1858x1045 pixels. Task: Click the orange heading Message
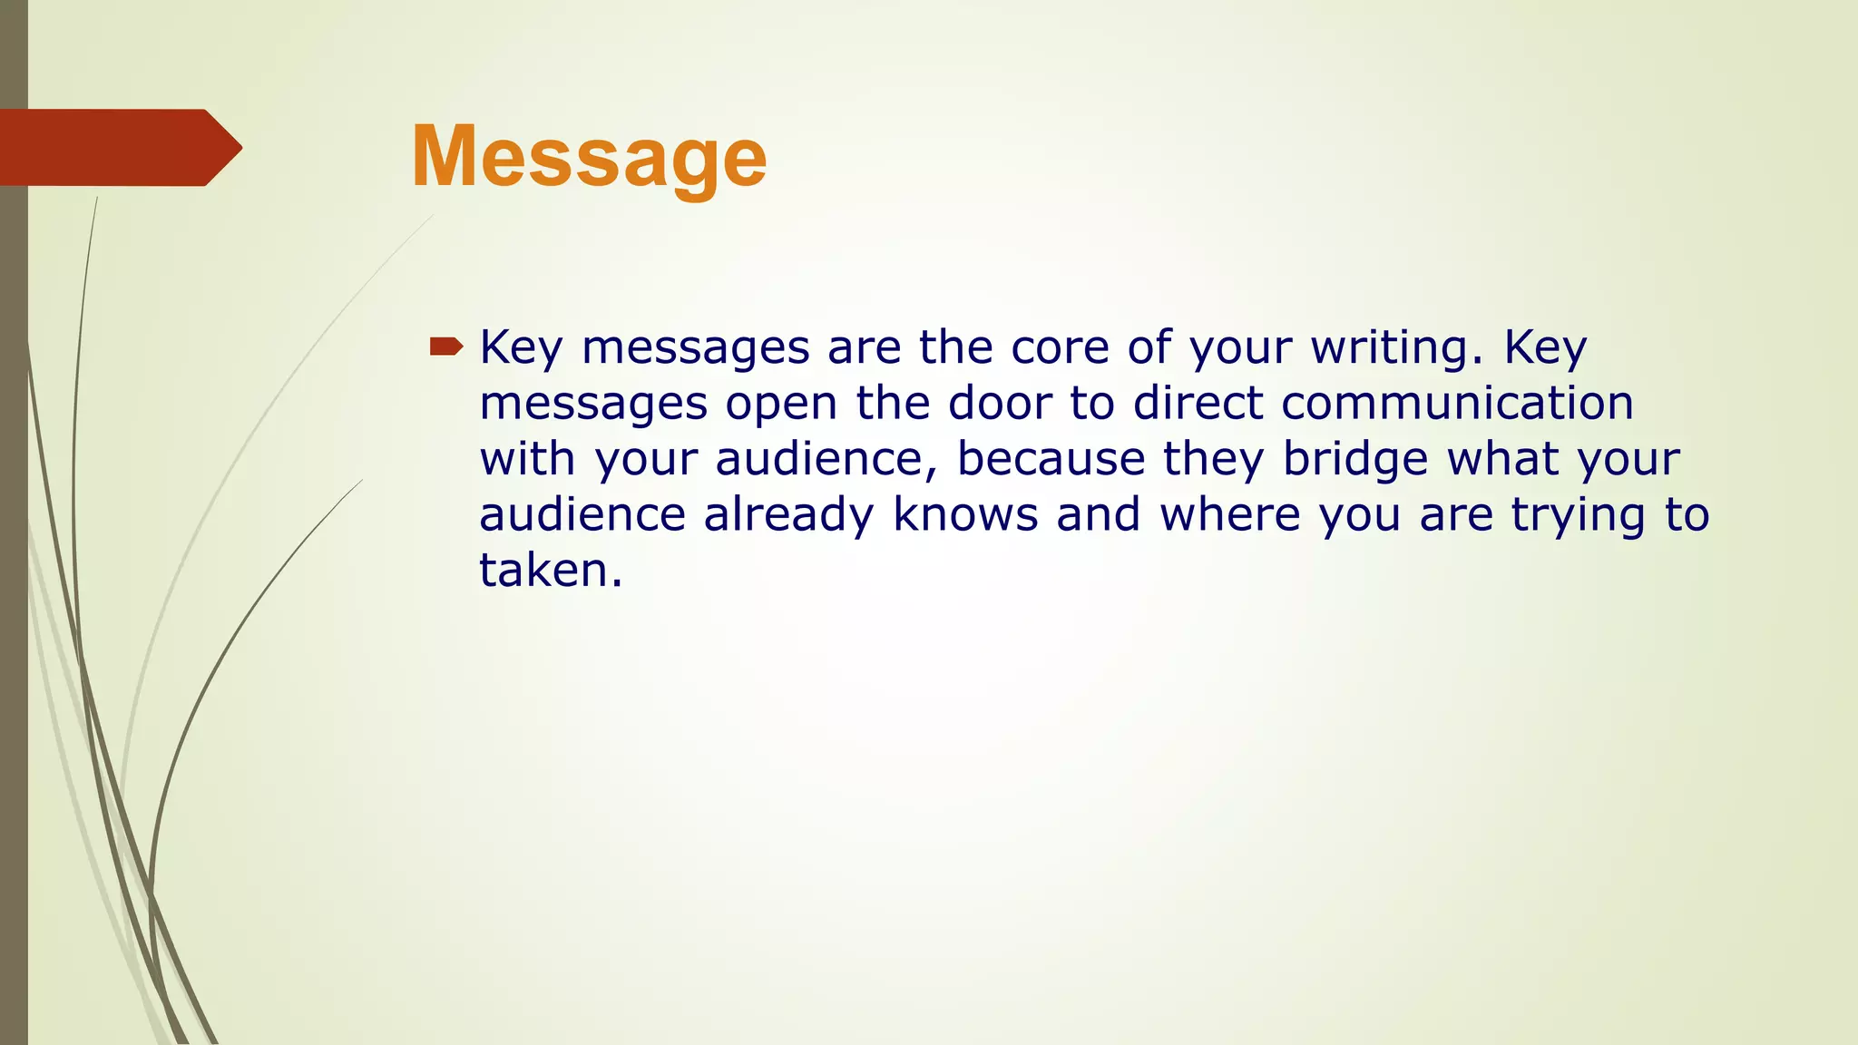(x=589, y=158)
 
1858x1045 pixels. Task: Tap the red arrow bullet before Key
(x=445, y=346)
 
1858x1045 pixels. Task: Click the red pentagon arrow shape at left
(x=118, y=147)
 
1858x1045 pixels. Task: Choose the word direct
(x=1198, y=403)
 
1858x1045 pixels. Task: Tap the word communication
(x=1457, y=403)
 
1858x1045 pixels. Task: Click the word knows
(x=965, y=515)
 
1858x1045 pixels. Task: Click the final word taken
(x=550, y=571)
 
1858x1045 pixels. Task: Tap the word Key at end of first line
(x=1545, y=347)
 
